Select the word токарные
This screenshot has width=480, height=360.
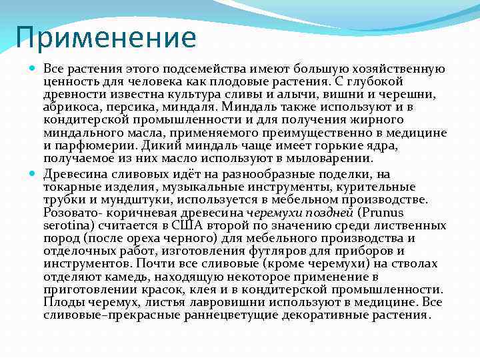tap(69, 187)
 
